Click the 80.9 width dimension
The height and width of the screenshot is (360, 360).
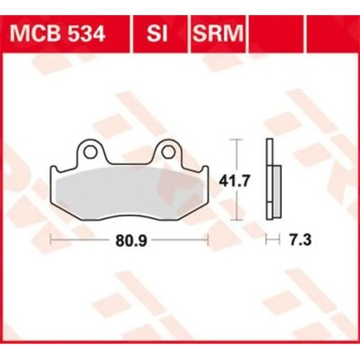[x=130, y=238]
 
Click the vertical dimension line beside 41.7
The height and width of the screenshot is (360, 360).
[x=234, y=180]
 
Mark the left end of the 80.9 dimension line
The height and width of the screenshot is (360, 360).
[x=52, y=238]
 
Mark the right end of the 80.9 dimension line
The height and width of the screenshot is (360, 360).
[x=208, y=238]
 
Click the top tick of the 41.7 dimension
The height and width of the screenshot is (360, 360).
[x=234, y=139]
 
